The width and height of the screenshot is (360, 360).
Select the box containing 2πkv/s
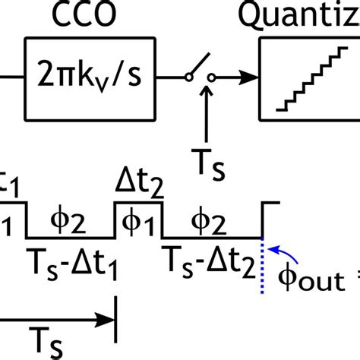click(91, 77)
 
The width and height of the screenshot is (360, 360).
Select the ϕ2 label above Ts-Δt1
click(70, 220)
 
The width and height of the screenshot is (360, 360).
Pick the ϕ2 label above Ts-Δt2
click(210, 220)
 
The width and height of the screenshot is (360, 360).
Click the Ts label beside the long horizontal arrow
click(47, 339)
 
